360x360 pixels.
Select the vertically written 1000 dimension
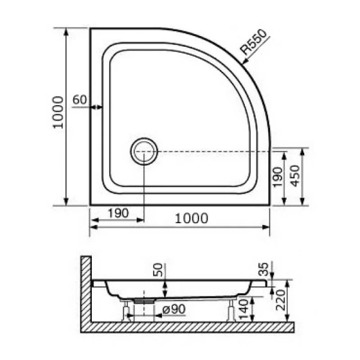click(x=56, y=113)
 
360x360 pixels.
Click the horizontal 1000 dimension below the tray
click(x=191, y=219)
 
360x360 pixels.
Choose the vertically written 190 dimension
click(x=277, y=178)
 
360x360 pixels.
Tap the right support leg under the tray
click(x=231, y=310)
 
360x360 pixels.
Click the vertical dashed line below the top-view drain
click(x=144, y=186)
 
